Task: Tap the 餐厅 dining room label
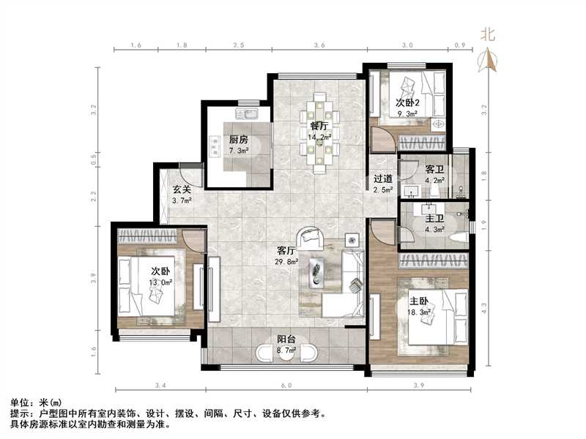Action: click(x=319, y=125)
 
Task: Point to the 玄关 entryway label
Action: click(x=181, y=190)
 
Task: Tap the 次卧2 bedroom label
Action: click(x=407, y=103)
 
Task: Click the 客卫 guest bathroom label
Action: click(x=435, y=169)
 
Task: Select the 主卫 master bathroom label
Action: click(x=435, y=218)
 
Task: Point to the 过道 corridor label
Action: click(x=383, y=179)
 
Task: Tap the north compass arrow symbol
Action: click(x=489, y=60)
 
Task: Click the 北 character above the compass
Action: click(x=489, y=34)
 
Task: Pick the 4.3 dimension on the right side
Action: click(x=483, y=308)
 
